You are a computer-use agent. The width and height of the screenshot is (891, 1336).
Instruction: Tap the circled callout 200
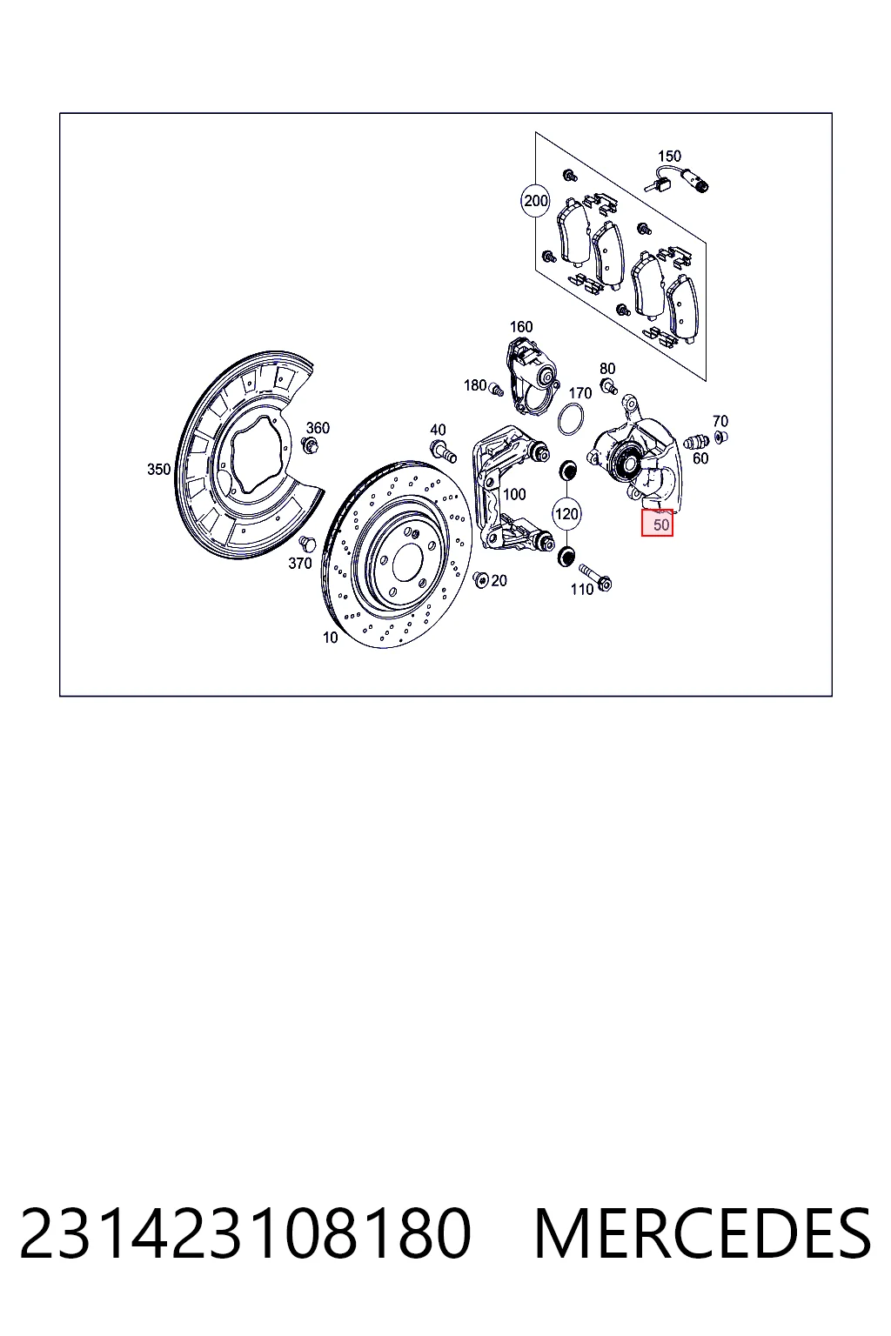coord(535,200)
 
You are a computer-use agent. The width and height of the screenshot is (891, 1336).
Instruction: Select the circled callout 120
coord(566,513)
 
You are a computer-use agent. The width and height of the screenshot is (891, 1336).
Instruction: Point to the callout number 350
coord(158,470)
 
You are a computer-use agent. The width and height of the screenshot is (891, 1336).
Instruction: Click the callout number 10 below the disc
coord(330,638)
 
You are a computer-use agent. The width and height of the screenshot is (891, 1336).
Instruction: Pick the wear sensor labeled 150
coord(678,179)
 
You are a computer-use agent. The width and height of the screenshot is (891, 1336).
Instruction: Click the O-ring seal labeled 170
coord(571,420)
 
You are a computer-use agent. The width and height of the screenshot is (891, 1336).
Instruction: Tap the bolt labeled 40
coord(443,451)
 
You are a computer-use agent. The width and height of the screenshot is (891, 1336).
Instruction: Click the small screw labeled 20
coord(480,578)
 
